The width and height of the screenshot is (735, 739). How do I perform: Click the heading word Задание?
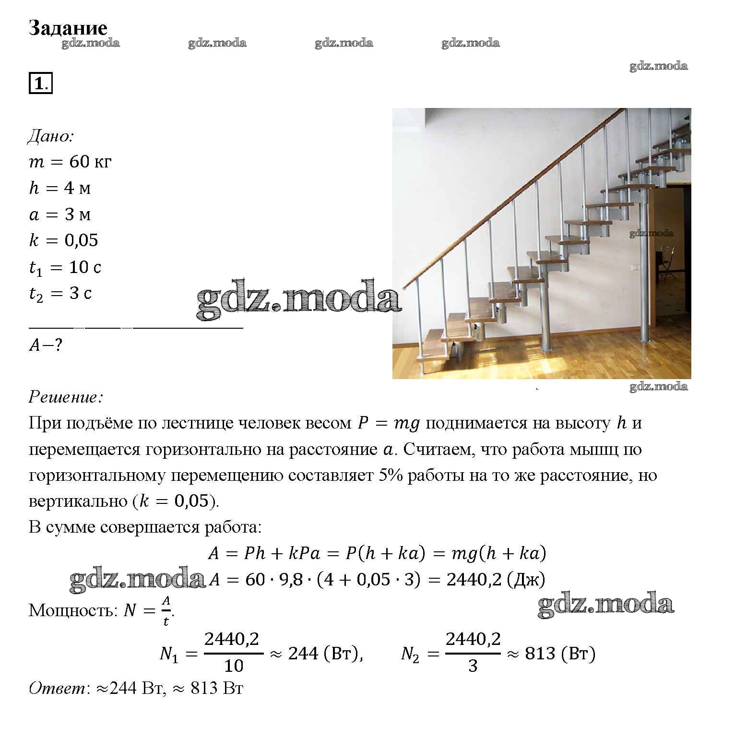coord(68,28)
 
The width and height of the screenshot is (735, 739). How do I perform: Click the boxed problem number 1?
coord(40,83)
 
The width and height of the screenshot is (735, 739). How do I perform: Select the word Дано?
coord(50,136)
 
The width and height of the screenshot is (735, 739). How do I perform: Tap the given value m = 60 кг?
coord(70,162)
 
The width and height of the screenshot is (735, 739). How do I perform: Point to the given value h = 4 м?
coord(60,188)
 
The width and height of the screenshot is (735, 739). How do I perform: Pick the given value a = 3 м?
coord(60,214)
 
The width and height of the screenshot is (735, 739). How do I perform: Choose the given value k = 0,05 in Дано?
coord(63,240)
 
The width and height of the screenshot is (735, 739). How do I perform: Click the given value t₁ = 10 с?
coord(65,267)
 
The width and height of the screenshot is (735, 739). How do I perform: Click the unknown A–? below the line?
coord(46,345)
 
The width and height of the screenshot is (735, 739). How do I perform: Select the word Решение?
coord(65,397)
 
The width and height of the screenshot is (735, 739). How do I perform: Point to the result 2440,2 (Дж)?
coord(496,580)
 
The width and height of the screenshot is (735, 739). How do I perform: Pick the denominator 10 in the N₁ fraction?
coord(234,666)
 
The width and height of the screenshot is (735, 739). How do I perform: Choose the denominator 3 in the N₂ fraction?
coord(473,666)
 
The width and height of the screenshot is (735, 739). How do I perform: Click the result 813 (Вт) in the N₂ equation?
coord(560,654)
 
